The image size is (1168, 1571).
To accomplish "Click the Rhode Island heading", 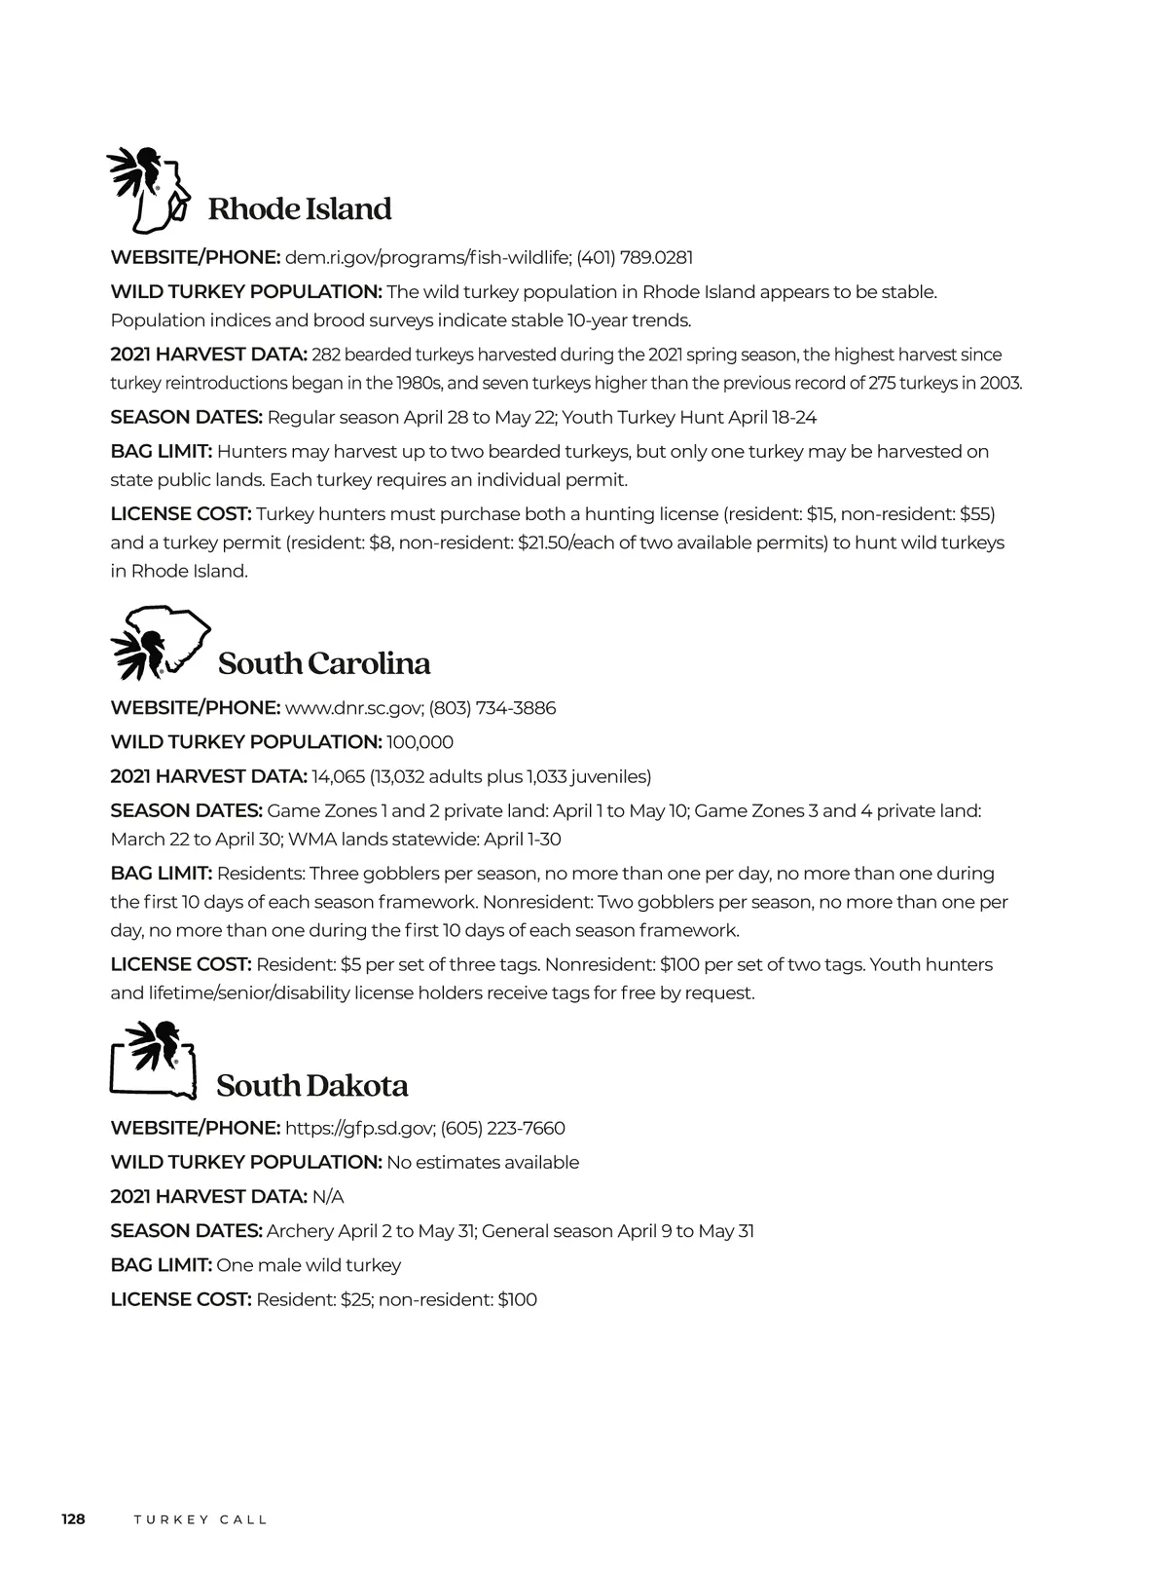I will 300,209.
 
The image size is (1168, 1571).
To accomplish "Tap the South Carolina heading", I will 324,663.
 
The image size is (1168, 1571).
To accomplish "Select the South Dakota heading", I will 311,1086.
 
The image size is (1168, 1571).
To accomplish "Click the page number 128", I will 73,1519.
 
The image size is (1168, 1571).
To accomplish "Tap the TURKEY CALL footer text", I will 200,1520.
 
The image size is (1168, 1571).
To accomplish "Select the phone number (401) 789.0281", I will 635,258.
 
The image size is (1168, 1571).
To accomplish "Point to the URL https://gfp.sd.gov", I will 358,1128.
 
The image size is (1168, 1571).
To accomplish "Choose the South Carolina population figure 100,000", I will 420,742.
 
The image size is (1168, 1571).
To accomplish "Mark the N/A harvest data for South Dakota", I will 328,1197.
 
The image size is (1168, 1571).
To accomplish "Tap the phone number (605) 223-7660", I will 502,1128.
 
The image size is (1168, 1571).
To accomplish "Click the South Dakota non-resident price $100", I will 517,1299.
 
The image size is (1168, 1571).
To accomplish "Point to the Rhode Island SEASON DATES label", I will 186,418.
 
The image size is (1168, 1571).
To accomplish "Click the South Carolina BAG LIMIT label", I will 161,874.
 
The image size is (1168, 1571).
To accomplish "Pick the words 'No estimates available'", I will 483,1163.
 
